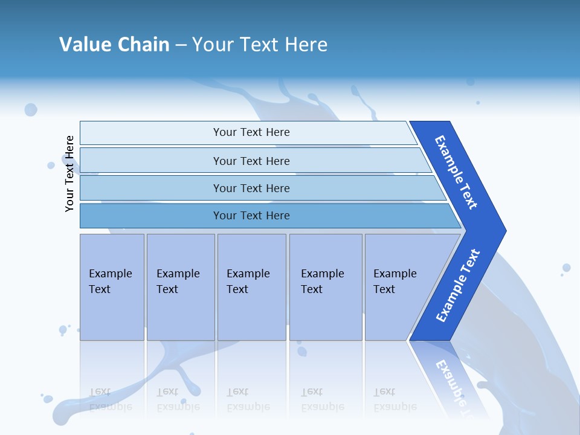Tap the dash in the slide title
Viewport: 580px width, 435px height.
[x=181, y=45]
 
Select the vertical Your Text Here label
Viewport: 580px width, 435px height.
[x=69, y=173]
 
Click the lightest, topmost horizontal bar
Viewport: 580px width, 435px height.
[x=251, y=132]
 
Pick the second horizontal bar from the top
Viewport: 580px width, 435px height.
[x=251, y=161]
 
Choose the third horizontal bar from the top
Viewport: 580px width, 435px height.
[x=251, y=188]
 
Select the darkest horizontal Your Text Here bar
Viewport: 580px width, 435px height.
[x=251, y=216]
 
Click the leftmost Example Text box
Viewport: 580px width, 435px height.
[x=112, y=287]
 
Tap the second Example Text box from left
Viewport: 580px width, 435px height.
[x=181, y=287]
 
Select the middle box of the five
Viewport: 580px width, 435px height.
[x=251, y=287]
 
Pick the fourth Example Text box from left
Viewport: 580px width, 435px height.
[x=326, y=287]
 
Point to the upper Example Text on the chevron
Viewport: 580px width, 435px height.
[x=456, y=172]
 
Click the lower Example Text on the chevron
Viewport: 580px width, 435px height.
[x=457, y=286]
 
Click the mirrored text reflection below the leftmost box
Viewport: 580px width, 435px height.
[x=110, y=399]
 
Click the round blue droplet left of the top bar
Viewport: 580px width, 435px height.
[x=31, y=109]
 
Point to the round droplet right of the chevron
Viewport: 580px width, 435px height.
[x=566, y=268]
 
